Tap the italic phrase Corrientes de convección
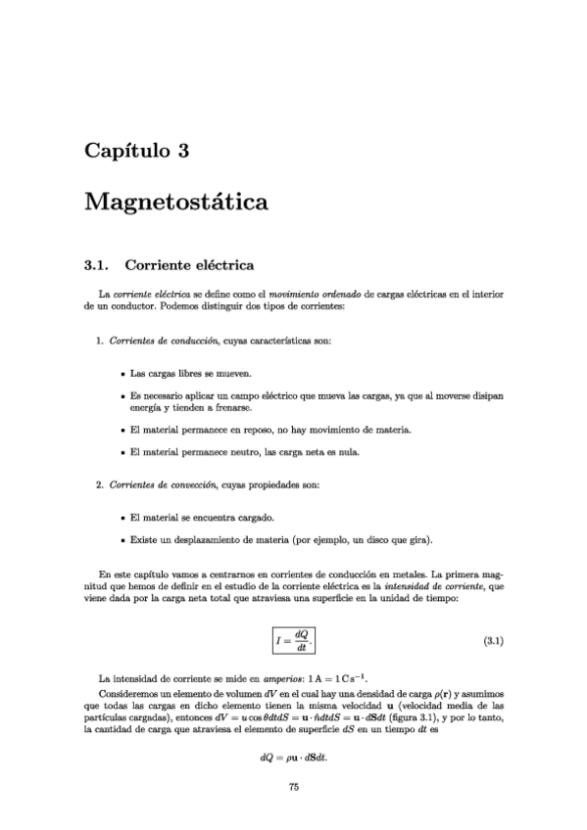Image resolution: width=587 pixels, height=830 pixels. click(x=165, y=484)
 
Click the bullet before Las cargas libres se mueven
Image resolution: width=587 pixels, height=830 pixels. click(x=121, y=374)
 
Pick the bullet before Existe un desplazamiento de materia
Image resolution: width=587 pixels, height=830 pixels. click(x=121, y=540)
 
